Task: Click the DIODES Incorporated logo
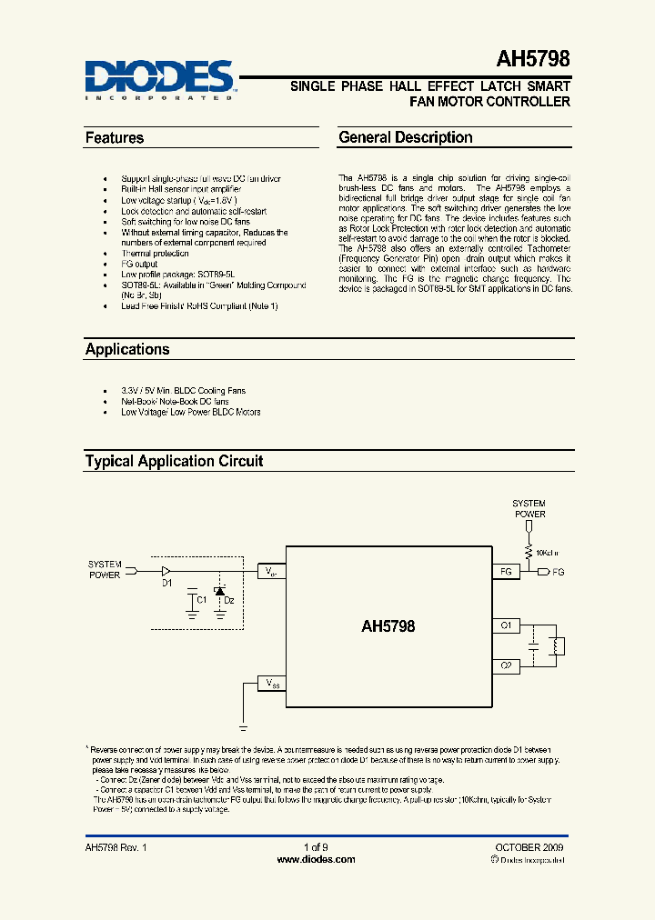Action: [x=160, y=78]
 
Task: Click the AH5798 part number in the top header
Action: [x=533, y=60]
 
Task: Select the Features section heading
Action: [x=115, y=138]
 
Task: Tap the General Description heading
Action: [x=406, y=137]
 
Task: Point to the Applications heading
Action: [x=127, y=349]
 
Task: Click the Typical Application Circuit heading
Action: [x=174, y=461]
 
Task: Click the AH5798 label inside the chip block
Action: [x=388, y=626]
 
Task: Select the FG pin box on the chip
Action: [x=506, y=572]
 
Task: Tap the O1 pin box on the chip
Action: [x=506, y=626]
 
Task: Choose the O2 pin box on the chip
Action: [x=506, y=666]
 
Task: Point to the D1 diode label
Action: [x=167, y=583]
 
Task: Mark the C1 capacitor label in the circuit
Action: [x=203, y=599]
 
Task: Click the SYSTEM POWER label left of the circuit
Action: [x=105, y=569]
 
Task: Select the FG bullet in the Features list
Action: [x=139, y=264]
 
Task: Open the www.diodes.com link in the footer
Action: [x=316, y=859]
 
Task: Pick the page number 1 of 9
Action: [x=316, y=846]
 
